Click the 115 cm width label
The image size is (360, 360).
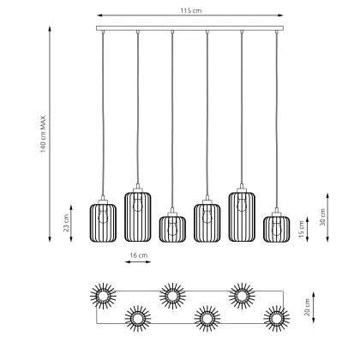coord(190,11)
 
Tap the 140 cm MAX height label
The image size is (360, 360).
coord(43,134)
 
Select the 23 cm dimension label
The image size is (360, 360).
coord(66,223)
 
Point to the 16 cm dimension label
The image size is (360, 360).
coord(139,255)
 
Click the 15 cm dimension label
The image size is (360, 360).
coord(301,230)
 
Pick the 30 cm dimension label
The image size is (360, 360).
coord(323,217)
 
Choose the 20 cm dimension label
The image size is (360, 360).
coord(307,307)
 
